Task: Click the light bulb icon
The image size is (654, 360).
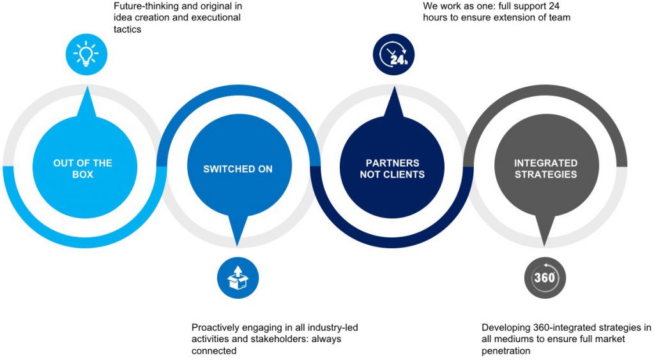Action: (x=87, y=54)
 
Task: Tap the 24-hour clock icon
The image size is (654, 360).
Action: (x=394, y=54)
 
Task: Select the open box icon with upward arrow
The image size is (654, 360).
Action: (x=238, y=278)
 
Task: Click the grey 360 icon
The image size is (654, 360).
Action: (x=545, y=278)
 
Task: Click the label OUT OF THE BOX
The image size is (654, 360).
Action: (x=82, y=169)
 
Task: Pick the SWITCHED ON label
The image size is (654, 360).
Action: (x=238, y=169)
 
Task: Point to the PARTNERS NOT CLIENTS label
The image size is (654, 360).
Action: (x=392, y=169)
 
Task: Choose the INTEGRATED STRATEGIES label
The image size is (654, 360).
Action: (x=545, y=169)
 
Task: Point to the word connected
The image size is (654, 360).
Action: (x=214, y=351)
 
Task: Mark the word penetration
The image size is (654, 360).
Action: (x=506, y=351)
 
